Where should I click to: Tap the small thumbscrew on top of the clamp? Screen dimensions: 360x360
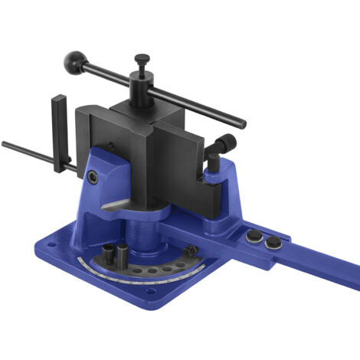(x=142, y=59)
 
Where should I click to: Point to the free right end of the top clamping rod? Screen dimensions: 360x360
(x=243, y=124)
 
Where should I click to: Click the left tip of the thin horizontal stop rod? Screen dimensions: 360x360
(x=5, y=143)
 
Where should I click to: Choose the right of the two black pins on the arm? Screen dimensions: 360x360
(x=273, y=242)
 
